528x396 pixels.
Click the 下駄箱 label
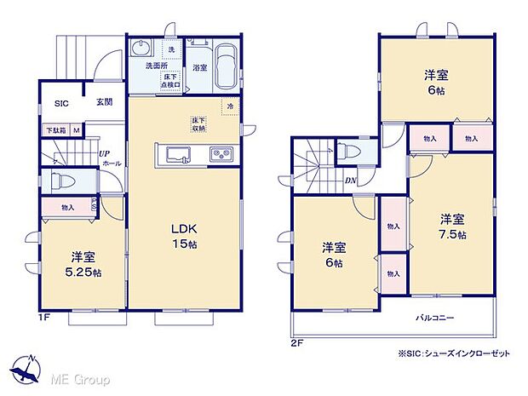55,130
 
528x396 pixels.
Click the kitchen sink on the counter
181,154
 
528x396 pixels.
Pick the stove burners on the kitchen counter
219,154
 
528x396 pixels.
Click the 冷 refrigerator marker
230,106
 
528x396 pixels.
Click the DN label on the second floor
349,180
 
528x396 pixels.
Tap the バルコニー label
434,318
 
